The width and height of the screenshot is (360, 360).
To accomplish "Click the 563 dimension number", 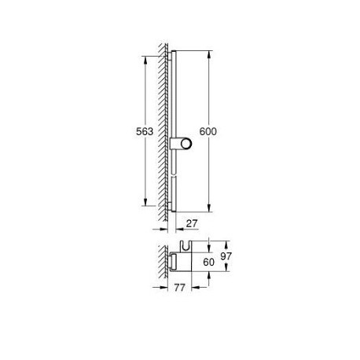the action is (x=145, y=131).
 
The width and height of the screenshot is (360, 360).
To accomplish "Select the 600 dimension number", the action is (x=208, y=131).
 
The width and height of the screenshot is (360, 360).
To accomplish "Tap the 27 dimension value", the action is (x=192, y=223).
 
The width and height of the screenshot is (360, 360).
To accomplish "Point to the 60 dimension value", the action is (x=208, y=262).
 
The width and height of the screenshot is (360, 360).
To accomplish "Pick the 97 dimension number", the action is (x=226, y=256).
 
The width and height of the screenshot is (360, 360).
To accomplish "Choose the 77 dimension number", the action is (x=179, y=288).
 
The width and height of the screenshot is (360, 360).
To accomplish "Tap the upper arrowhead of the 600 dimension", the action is (x=209, y=54).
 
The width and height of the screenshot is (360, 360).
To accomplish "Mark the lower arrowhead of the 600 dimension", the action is (x=209, y=208).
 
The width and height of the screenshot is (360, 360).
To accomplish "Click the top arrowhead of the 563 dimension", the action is (x=145, y=60).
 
